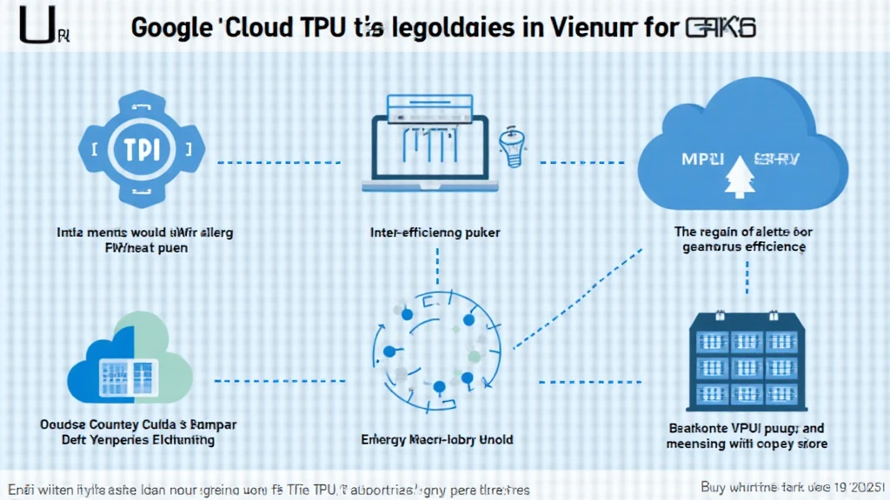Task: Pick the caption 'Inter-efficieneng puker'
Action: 435,233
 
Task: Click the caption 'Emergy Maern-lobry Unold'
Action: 436,439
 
